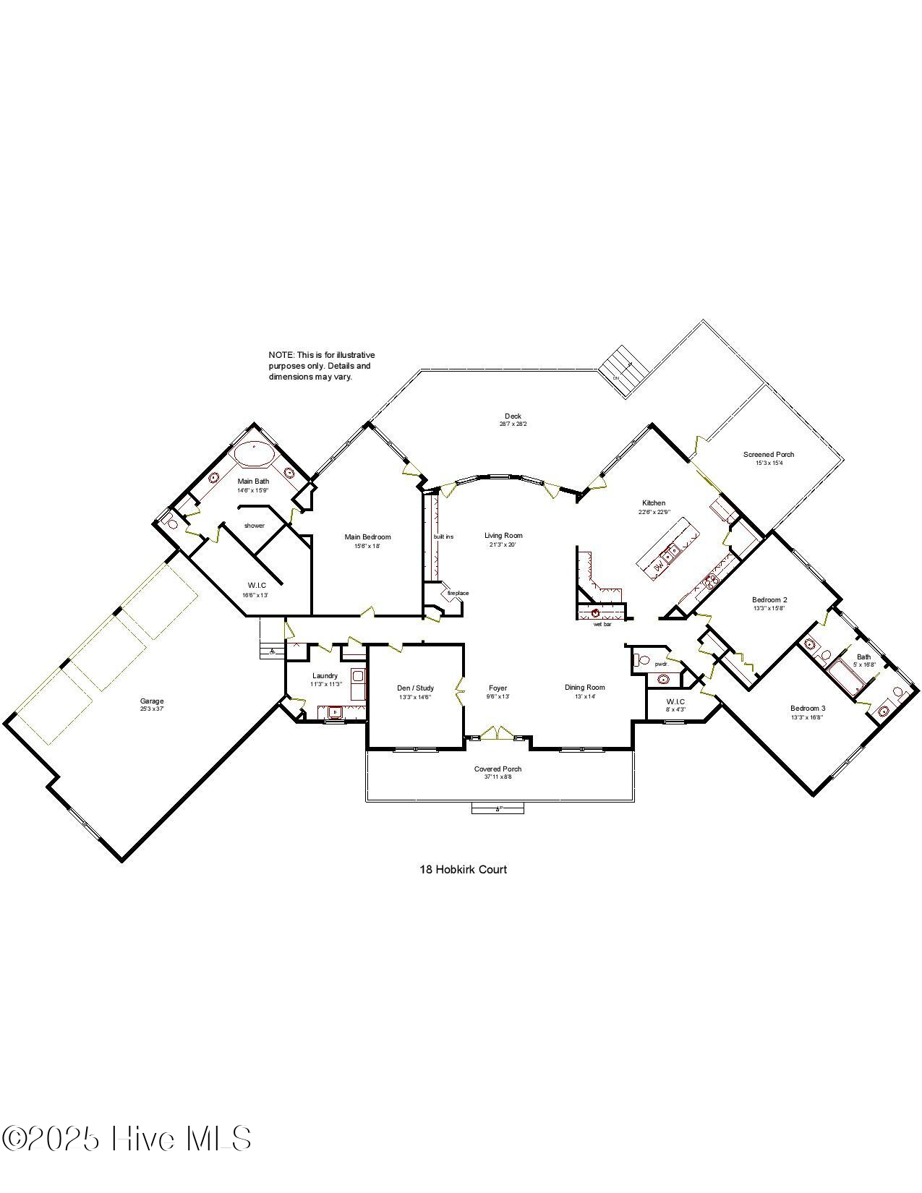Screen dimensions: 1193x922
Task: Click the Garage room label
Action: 152,701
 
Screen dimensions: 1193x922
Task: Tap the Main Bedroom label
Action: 367,536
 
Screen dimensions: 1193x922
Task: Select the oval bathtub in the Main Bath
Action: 253,454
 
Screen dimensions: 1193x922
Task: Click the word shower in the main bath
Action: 254,526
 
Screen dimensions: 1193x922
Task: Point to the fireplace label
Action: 458,593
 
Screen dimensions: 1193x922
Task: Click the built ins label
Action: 443,536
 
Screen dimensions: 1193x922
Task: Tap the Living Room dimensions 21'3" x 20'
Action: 503,544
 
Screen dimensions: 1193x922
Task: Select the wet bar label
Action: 602,624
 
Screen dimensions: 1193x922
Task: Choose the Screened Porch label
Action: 768,454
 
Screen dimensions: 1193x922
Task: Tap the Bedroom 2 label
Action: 769,599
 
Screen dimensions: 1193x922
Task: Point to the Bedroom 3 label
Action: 807,708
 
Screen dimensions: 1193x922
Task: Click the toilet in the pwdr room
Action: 641,660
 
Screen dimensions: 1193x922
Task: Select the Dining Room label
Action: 584,687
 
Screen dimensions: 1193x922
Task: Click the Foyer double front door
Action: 498,733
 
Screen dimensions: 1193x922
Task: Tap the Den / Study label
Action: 415,688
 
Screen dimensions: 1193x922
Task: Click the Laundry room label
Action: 325,675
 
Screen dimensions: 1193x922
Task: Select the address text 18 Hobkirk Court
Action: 463,869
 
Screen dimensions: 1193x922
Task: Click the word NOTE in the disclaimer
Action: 281,355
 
